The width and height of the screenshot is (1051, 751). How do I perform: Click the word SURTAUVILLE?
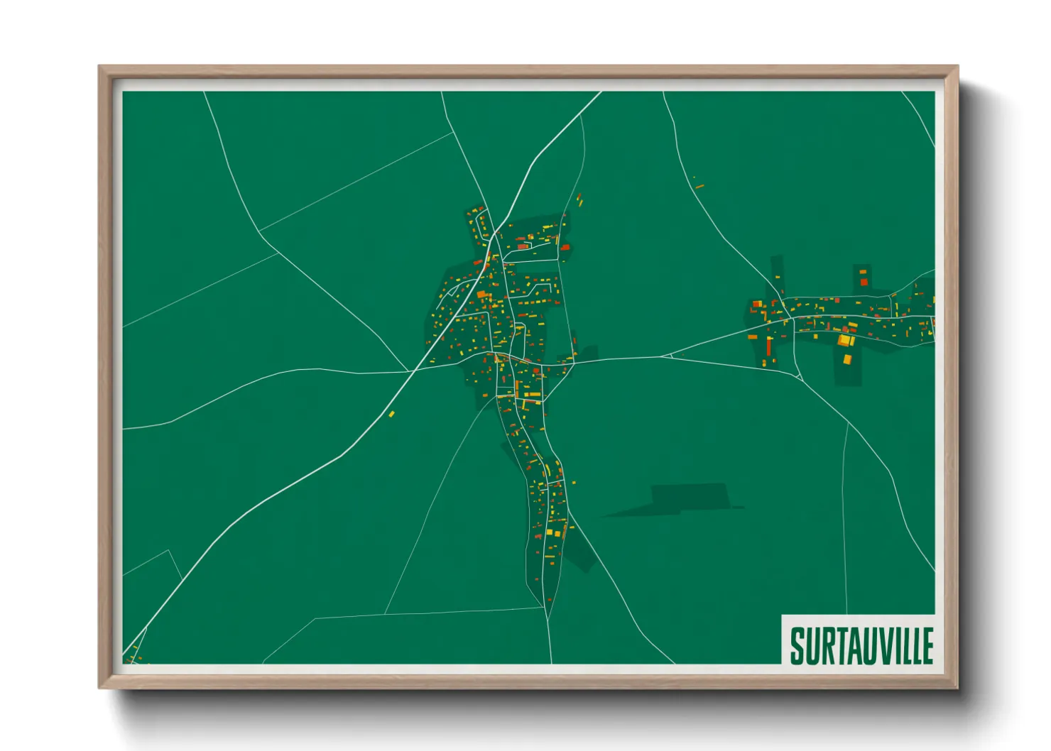tap(861, 646)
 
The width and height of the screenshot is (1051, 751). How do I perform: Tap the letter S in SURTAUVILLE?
tap(797, 646)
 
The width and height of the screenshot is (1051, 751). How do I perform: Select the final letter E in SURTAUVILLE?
tap(927, 646)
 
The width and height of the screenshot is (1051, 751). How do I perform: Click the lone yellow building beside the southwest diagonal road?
tap(391, 414)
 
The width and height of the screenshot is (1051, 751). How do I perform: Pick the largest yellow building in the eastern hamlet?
tap(845, 341)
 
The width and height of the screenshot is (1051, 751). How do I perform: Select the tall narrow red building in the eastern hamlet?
tap(768, 346)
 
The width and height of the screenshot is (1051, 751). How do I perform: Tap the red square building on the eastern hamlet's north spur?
tap(864, 282)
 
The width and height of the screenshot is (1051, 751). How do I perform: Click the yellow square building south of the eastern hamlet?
tap(846, 359)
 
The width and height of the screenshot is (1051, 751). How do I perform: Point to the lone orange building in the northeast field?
tap(699, 187)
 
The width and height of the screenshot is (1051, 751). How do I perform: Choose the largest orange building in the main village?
tap(481, 294)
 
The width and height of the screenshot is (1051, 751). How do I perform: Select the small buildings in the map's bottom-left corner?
tap(133, 657)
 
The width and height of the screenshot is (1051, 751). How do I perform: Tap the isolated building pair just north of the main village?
tap(579, 199)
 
